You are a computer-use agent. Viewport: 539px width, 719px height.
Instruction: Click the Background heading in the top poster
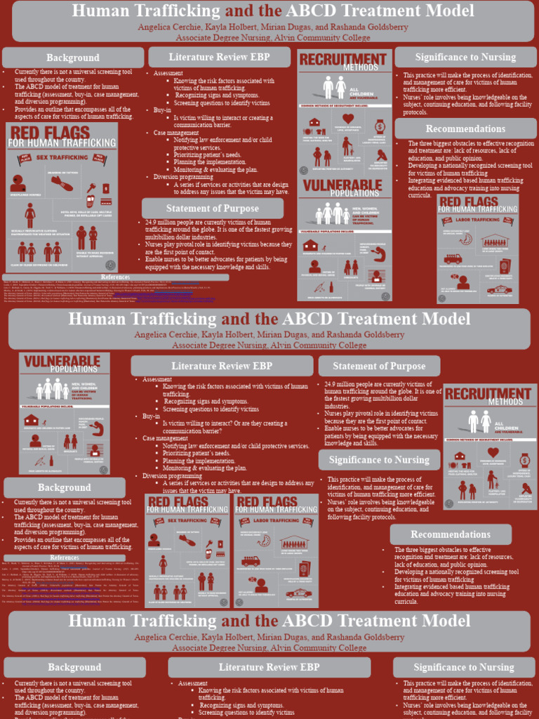73,58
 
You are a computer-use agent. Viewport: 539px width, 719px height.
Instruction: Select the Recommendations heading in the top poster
465,128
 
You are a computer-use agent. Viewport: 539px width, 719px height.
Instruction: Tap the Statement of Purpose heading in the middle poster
379,366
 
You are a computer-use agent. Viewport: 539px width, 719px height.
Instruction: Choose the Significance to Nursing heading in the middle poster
379,460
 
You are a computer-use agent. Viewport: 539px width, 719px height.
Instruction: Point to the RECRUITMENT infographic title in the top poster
343,59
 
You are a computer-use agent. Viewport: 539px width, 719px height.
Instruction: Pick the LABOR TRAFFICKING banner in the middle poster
275,521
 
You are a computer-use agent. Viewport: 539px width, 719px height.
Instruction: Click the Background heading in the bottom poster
74,667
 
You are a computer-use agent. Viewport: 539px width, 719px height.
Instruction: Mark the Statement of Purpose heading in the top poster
212,209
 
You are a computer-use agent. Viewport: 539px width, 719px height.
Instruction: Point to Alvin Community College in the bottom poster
317,648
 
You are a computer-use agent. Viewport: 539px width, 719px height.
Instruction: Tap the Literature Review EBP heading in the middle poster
221,366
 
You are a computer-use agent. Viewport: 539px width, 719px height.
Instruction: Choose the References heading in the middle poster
64,558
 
